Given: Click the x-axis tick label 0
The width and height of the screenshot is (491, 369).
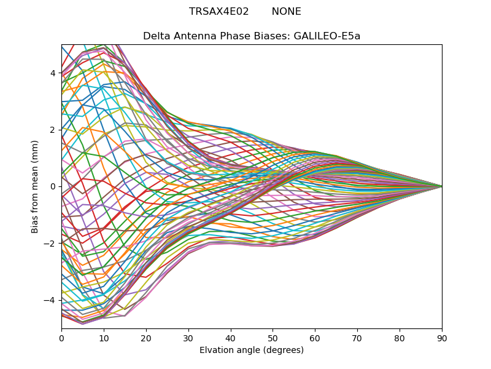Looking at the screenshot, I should click(x=61, y=338).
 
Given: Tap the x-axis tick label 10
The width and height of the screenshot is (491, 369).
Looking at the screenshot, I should click(x=104, y=338).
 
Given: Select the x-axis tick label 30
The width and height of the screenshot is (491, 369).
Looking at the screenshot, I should click(x=188, y=338).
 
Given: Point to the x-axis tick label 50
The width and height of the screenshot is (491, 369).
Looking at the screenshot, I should click(x=273, y=338).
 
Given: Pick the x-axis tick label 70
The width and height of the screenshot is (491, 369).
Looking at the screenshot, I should click(x=357, y=338).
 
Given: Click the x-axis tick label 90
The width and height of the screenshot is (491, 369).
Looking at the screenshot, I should click(x=442, y=338).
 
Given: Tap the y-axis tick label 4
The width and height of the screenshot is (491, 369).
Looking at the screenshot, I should click(x=53, y=73).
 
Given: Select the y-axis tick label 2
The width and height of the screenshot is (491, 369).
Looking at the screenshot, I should click(x=53, y=130).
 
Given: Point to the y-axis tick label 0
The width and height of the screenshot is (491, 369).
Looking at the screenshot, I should click(x=53, y=186).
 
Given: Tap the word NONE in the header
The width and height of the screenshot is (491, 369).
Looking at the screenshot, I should click(x=287, y=12).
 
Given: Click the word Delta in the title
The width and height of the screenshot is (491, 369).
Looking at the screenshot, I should click(x=156, y=36).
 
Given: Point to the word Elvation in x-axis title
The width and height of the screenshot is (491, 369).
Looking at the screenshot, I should click(x=216, y=351).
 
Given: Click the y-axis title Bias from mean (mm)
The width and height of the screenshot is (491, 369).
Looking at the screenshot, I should click(x=36, y=186).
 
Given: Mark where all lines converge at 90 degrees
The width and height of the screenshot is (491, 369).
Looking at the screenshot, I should click(x=441, y=186).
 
